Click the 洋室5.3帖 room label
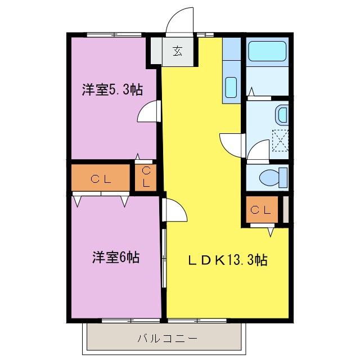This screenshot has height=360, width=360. tap(111, 89)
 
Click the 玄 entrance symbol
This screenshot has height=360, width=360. tap(178, 52)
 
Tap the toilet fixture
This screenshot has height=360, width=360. tap(274, 178)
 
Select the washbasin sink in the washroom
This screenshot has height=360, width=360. tap(282, 116)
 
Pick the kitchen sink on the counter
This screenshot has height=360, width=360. tap(231, 88)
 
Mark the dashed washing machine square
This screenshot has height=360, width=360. tap(280, 139)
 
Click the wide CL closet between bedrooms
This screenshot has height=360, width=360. tap(100, 179)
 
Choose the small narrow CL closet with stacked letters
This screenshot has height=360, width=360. tap(146, 178)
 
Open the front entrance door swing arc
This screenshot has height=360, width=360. tap(180, 20)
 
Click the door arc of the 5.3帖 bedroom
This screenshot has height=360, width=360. tap(147, 111)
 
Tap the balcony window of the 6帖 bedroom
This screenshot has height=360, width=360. tap(129, 321)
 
